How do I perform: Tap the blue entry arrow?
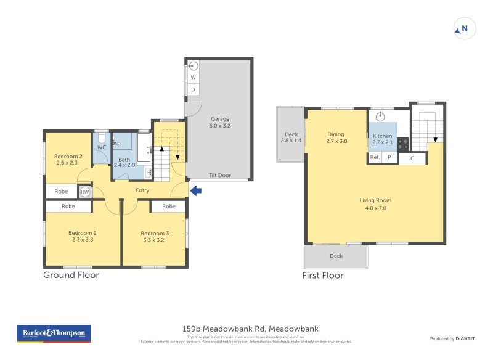coord(195,191)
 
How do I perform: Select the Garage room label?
coord(220,118)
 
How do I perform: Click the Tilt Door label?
coord(219,176)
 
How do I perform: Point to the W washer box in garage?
coord(193,78)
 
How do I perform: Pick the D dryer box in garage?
coord(193,90)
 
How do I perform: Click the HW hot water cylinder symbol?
coord(84,192)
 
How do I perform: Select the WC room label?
coord(102,147)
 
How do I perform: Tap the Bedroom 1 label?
coord(82,232)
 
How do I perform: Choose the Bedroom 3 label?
coord(154,233)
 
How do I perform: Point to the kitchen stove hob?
coord(403,144)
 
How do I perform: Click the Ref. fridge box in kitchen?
coord(375,157)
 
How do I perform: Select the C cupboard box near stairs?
coord(412,158)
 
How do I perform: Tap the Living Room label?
coord(375,200)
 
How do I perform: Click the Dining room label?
coord(336,134)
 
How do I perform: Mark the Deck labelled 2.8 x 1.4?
coord(291,137)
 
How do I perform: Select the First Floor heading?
coord(322,276)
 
